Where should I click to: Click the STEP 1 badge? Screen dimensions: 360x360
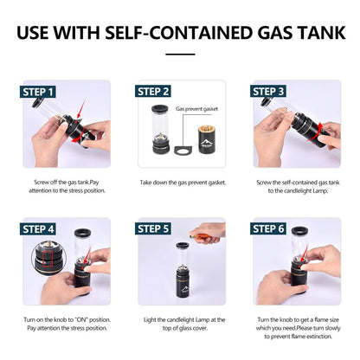(x=40, y=91)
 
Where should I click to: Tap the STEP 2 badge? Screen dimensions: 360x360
(x=153, y=91)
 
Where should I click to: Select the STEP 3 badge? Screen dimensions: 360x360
(x=267, y=91)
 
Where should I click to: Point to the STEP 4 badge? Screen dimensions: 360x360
(x=40, y=228)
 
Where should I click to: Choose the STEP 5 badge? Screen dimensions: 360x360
(x=154, y=228)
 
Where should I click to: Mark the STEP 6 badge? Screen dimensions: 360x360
(x=267, y=228)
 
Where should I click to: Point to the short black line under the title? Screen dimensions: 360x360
(x=180, y=54)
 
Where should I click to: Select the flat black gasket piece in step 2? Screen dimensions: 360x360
(x=181, y=155)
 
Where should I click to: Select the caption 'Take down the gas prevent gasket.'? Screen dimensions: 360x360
(x=180, y=183)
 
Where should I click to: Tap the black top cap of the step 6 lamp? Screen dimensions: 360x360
(x=300, y=231)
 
